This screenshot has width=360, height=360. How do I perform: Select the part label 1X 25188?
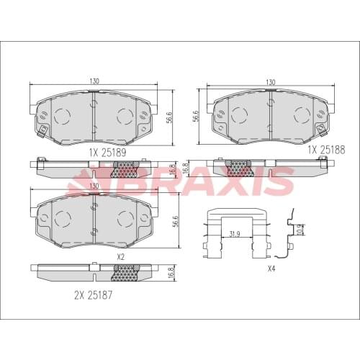pyautogui.click(x=328, y=149)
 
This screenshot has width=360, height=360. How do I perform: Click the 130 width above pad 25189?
pyautogui.click(x=94, y=81)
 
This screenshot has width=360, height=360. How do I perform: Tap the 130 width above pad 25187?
pyautogui.click(x=94, y=186)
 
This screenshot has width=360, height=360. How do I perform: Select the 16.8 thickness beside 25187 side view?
pyautogui.click(x=171, y=272)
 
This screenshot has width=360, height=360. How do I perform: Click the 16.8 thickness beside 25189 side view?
pyautogui.click(x=171, y=168)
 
